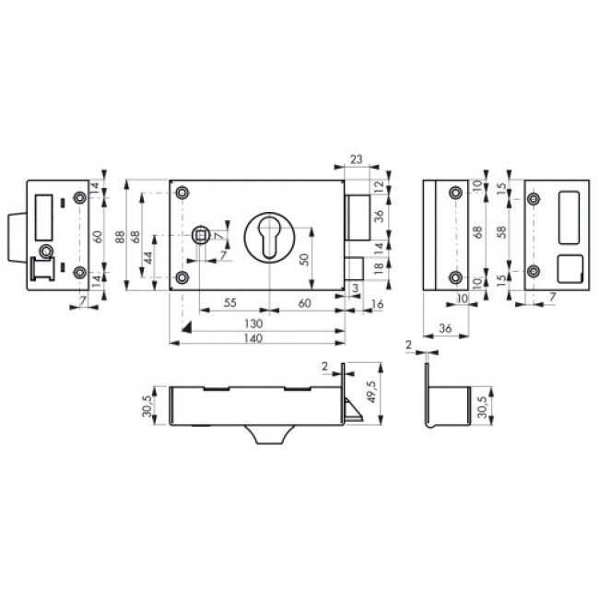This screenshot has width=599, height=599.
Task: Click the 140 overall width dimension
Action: [253, 338]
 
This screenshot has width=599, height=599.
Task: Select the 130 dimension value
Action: [253, 324]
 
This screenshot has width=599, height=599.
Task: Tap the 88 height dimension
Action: [120, 235]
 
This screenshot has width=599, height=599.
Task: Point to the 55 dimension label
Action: [229, 303]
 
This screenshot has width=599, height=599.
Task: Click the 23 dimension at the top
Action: [356, 159]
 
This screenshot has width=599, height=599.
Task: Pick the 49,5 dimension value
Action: [371, 392]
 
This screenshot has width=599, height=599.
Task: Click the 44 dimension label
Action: [148, 257]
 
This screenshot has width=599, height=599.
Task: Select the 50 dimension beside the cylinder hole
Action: [304, 259]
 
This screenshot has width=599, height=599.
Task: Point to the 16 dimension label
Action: [377, 304]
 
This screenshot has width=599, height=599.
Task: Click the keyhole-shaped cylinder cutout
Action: [269, 237]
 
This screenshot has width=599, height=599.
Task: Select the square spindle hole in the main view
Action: [201, 235]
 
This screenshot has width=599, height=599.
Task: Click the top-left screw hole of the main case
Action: [183, 193]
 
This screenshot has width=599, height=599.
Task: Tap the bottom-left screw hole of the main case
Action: [183, 277]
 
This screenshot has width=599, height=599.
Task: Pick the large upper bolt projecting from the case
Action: [358, 217]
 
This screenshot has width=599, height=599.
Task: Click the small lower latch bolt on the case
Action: [354, 268]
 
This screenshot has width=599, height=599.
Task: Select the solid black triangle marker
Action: [187, 328]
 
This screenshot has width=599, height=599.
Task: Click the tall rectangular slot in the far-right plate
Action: [569, 217]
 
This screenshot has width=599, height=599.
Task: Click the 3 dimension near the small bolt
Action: [356, 288]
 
